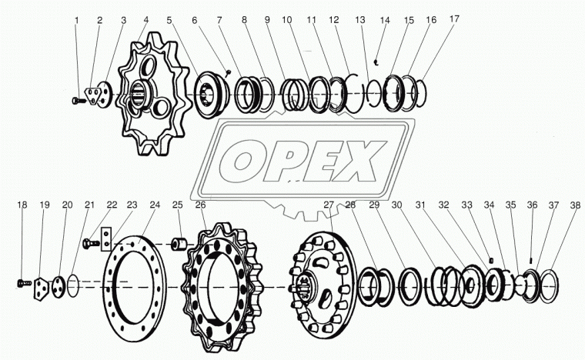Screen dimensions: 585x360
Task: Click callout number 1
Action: [77, 20]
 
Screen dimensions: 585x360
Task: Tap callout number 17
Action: [454, 19]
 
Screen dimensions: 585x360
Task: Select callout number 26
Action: [200, 205]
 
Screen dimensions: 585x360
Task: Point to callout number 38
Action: [575, 205]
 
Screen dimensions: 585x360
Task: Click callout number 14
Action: [385, 20]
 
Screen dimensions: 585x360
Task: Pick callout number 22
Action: [112, 205]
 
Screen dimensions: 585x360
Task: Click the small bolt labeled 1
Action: [79, 100]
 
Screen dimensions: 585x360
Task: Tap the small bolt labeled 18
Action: [25, 284]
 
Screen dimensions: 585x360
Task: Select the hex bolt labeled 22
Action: [91, 243]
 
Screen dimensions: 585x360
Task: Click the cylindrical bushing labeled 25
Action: [179, 245]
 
